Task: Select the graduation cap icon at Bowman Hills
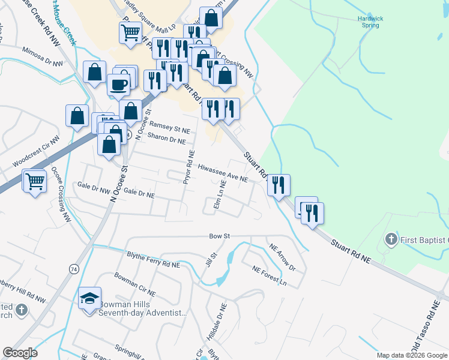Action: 89,298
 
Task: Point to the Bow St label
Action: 220,236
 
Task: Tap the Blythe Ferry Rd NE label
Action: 153,259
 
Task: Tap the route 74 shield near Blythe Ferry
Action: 74,268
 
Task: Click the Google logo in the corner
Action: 20,353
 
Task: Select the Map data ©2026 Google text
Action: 412,355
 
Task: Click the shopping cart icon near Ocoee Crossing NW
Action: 34,180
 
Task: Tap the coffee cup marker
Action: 119,84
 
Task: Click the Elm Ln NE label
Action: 220,199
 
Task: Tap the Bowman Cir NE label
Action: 135,284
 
